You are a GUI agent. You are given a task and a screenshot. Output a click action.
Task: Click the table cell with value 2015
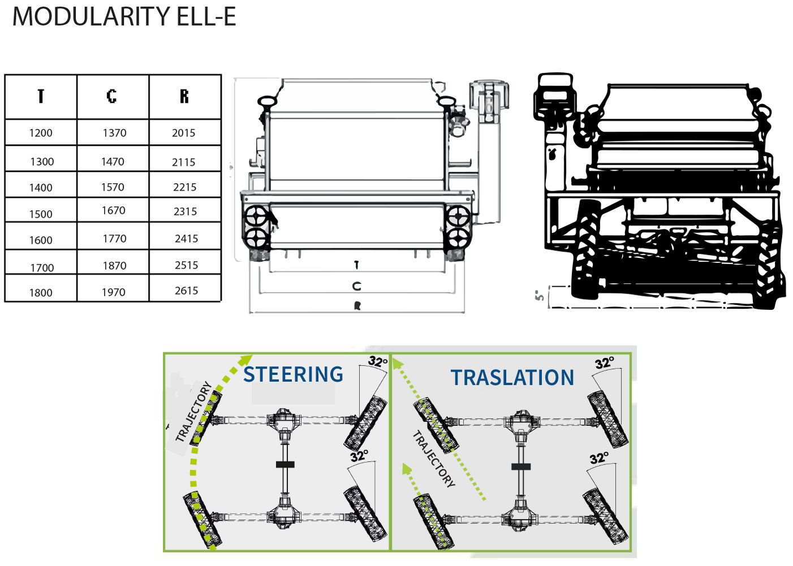click(183, 133)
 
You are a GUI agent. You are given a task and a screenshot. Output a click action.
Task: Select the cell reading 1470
click(113, 162)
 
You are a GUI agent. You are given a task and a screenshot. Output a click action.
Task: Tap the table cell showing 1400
click(41, 188)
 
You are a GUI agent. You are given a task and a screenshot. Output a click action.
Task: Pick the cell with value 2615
click(186, 291)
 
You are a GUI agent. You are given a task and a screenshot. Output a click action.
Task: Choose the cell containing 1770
click(114, 239)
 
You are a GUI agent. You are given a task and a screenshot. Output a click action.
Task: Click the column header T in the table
click(41, 97)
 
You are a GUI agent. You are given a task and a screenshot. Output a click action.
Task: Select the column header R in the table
click(184, 97)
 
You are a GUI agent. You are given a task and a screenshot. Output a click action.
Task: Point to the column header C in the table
click(112, 97)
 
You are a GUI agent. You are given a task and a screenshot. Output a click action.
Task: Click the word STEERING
click(293, 375)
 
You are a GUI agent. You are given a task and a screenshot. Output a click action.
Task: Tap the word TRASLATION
click(512, 378)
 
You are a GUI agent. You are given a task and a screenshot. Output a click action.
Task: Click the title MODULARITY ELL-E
click(124, 16)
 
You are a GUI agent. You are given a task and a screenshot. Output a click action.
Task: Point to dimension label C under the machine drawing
click(356, 287)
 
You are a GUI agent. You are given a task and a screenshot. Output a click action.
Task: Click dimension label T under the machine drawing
click(356, 265)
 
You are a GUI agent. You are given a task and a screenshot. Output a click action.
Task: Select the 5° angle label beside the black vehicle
click(540, 295)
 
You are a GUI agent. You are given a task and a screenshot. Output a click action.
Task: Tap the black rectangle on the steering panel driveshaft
click(285, 465)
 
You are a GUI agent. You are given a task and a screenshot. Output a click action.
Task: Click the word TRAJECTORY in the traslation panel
click(434, 459)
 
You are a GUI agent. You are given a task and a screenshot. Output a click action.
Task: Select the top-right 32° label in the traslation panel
click(604, 363)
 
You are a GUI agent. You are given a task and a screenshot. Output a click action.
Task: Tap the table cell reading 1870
click(114, 266)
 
